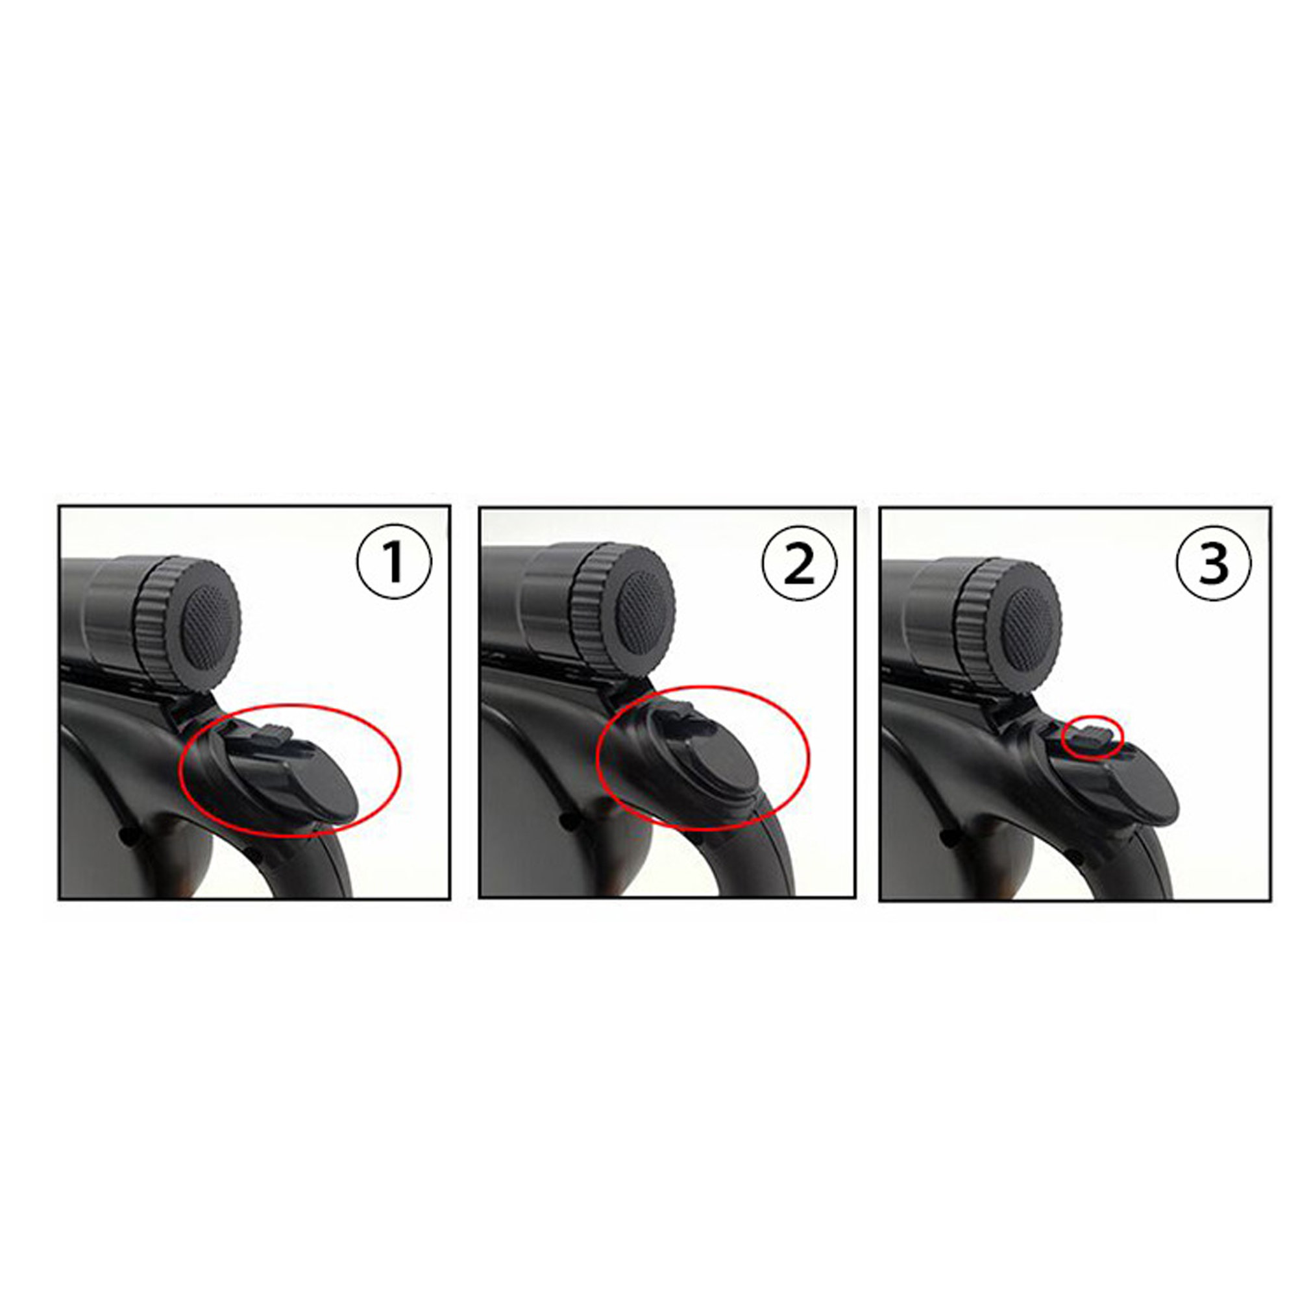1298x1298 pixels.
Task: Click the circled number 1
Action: (x=393, y=562)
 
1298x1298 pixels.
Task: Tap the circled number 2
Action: (x=800, y=564)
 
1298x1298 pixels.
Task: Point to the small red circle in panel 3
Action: (x=1092, y=737)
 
